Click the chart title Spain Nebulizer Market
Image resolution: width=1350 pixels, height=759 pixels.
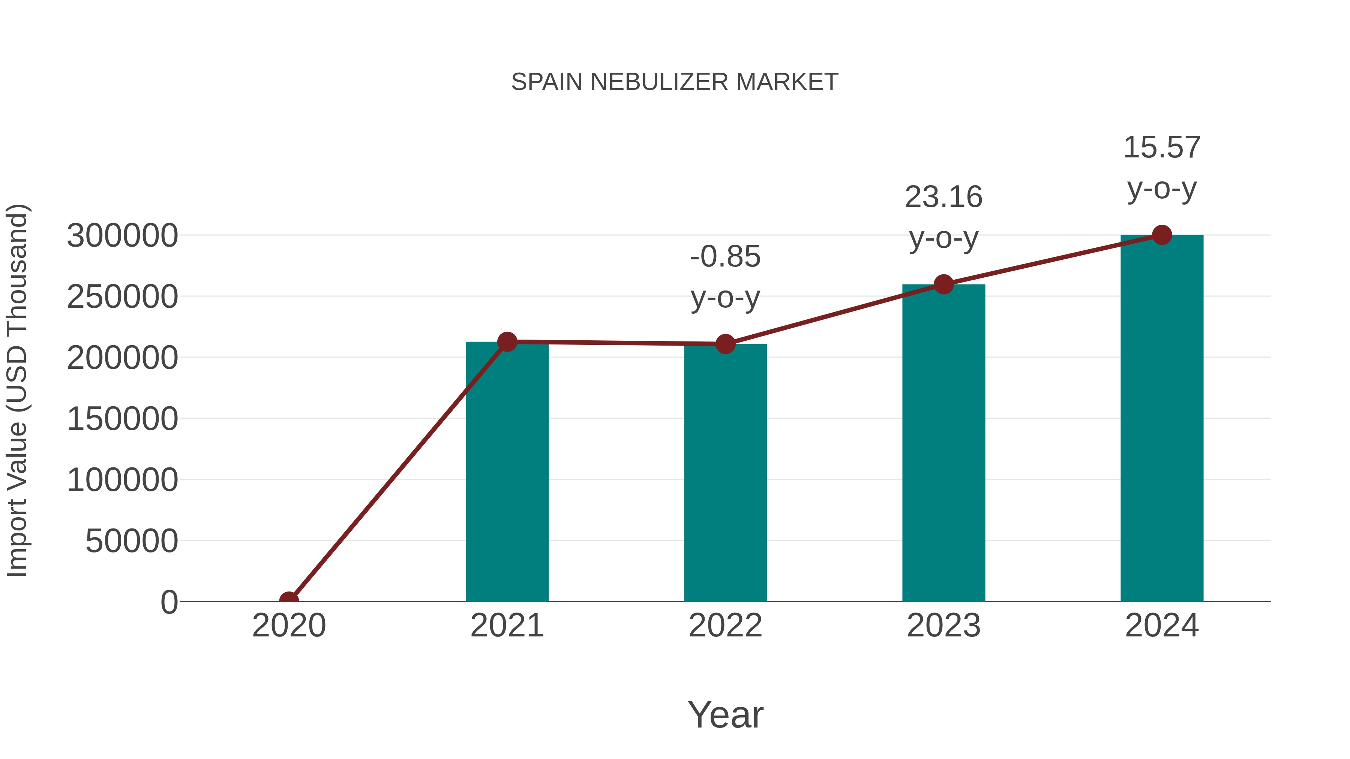(x=675, y=82)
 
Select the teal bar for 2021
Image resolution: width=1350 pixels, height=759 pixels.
(x=507, y=472)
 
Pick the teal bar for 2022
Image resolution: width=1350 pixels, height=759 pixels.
(x=725, y=472)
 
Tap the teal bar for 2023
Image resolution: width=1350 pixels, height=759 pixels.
(x=943, y=445)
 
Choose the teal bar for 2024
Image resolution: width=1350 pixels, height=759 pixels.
(x=1162, y=419)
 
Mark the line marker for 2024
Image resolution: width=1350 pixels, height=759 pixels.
(x=1162, y=235)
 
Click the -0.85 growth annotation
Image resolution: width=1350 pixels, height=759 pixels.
(x=725, y=257)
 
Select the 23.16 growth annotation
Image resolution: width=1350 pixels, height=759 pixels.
(x=943, y=198)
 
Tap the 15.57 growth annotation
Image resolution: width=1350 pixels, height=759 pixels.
(x=1162, y=148)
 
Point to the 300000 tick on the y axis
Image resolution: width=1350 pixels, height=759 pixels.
(x=122, y=236)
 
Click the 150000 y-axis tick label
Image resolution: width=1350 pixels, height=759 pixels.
(x=122, y=419)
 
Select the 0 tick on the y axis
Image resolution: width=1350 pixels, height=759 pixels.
(x=169, y=602)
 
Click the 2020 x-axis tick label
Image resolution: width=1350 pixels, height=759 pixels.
(x=289, y=626)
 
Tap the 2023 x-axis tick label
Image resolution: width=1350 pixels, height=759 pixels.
(x=943, y=626)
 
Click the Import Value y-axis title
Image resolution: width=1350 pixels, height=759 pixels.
(x=17, y=390)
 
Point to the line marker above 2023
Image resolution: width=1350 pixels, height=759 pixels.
(x=943, y=284)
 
